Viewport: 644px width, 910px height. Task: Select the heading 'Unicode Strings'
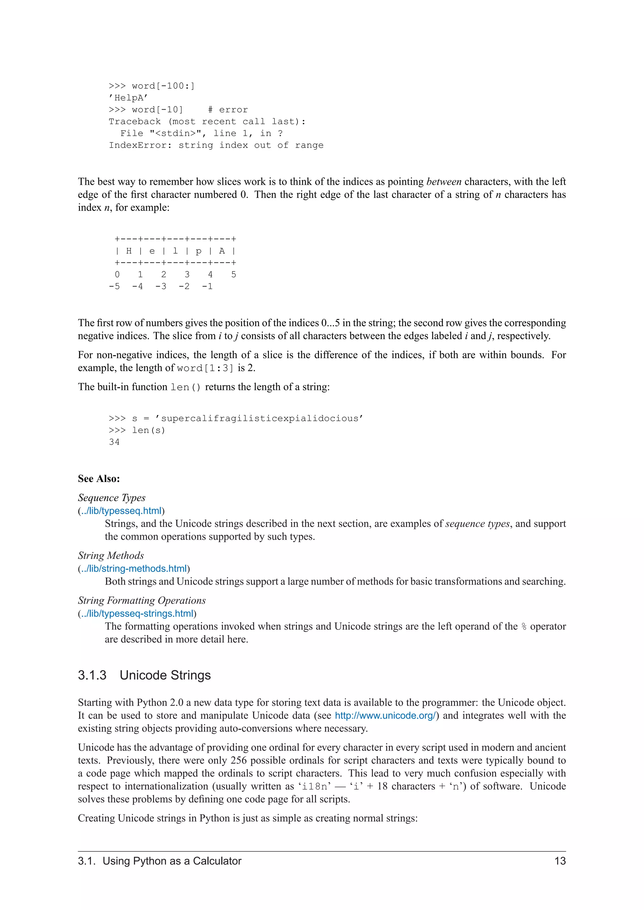point(165,675)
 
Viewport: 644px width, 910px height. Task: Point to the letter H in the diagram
point(129,251)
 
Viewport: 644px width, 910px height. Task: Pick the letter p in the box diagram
point(199,251)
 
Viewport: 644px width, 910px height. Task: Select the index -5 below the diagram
point(114,286)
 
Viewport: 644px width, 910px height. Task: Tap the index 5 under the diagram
point(234,274)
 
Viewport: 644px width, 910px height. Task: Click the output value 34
point(114,442)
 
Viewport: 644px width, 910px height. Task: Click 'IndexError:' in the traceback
point(140,145)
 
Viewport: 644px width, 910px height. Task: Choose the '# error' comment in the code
point(228,110)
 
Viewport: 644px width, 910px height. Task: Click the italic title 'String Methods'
point(111,555)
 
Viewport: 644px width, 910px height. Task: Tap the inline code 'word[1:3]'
point(205,368)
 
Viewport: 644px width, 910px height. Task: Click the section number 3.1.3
point(92,675)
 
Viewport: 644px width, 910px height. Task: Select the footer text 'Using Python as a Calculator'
point(172,861)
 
